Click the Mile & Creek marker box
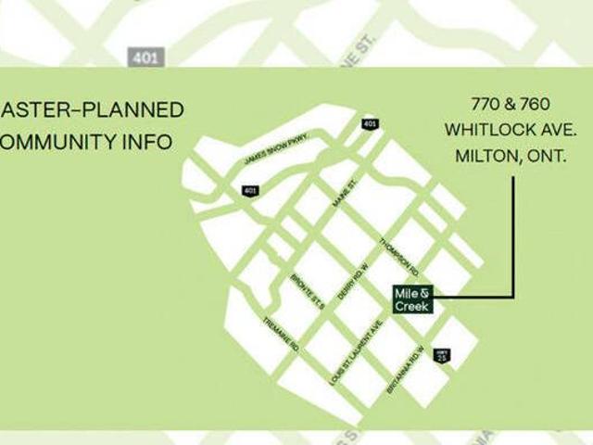click(x=412, y=299)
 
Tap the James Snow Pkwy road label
click(x=274, y=150)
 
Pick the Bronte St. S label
click(x=307, y=291)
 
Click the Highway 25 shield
click(x=442, y=355)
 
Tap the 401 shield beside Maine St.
click(x=371, y=124)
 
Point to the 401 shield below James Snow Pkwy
click(x=250, y=190)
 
